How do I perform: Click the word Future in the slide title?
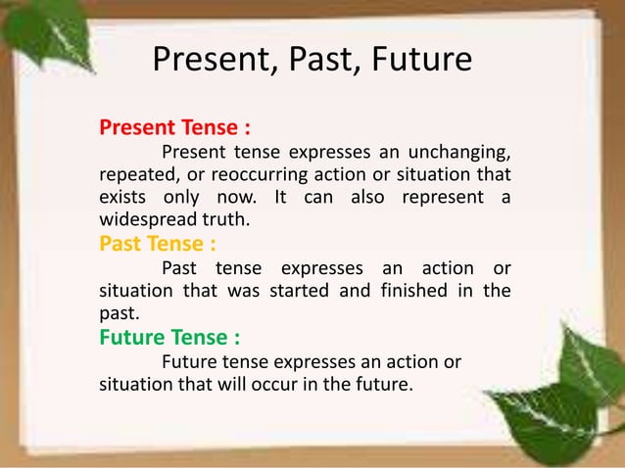pos(423,62)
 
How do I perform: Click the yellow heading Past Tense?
pos(151,242)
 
